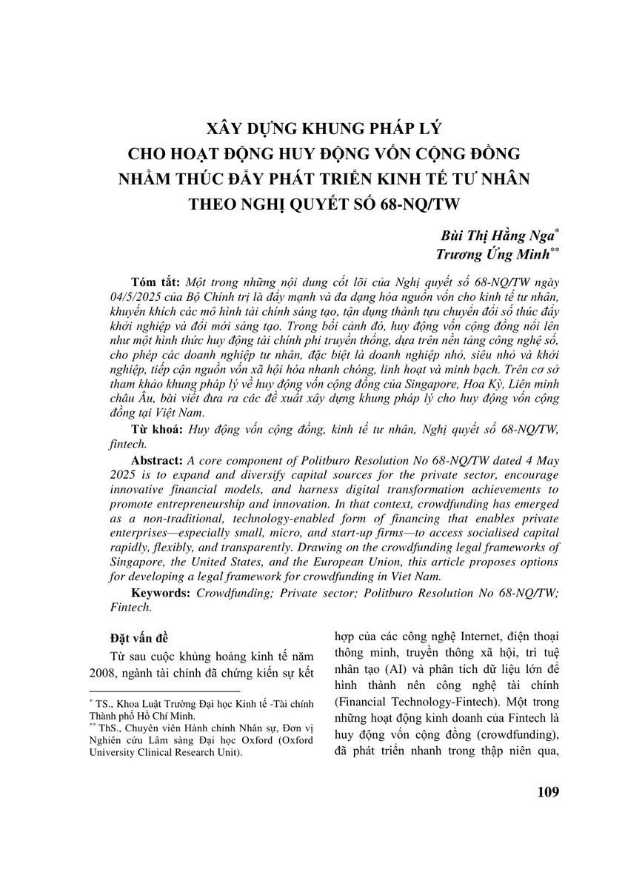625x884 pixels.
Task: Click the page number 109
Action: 546,792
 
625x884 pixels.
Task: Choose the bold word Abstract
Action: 158,459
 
